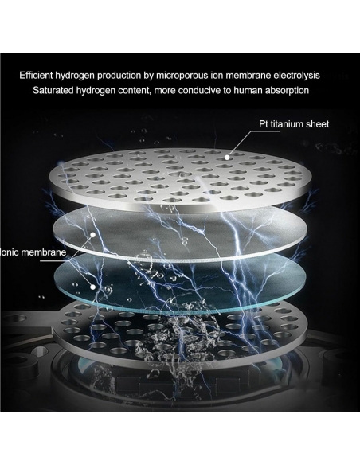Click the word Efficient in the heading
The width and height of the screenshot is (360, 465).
36,76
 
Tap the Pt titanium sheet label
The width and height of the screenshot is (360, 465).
294,124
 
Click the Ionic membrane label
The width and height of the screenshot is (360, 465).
33,252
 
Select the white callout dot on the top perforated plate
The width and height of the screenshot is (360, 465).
227,158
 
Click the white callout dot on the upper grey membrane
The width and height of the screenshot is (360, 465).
93,235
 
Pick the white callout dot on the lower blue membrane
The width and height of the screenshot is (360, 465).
93,287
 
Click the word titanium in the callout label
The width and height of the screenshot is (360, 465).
288,124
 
